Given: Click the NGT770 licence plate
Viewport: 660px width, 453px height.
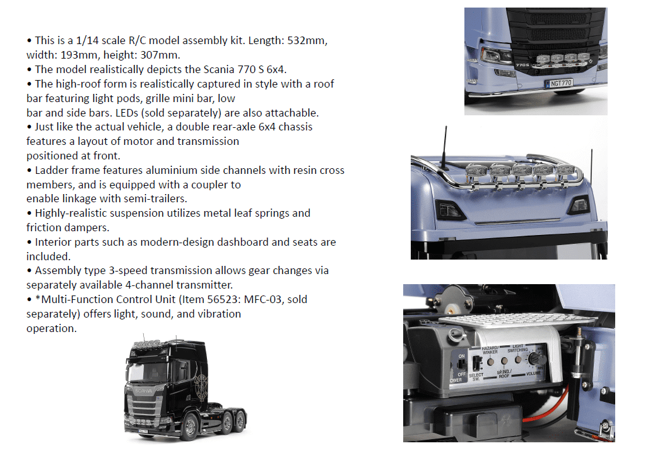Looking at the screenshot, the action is click(x=558, y=83).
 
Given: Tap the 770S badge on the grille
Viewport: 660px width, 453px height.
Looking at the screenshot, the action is click(x=522, y=65).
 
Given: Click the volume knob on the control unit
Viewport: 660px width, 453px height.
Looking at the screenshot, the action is click(x=537, y=358).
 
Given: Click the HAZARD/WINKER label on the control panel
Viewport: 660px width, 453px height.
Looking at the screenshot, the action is click(x=490, y=350).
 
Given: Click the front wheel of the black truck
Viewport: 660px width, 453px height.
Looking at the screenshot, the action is click(x=188, y=427).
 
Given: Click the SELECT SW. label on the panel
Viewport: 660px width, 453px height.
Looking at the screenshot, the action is click(x=476, y=377).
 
